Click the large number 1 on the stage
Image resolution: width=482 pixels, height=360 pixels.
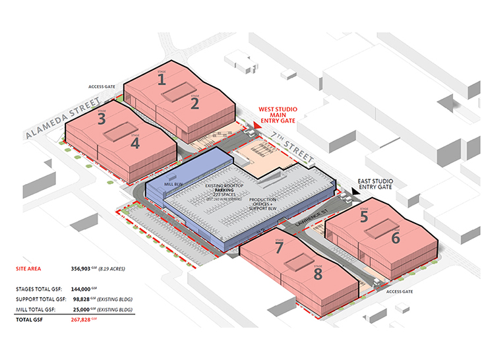161,80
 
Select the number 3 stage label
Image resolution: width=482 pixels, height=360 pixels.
102,119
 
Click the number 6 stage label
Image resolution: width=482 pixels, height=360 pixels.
396,237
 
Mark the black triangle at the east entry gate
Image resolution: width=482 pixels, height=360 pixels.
355,191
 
